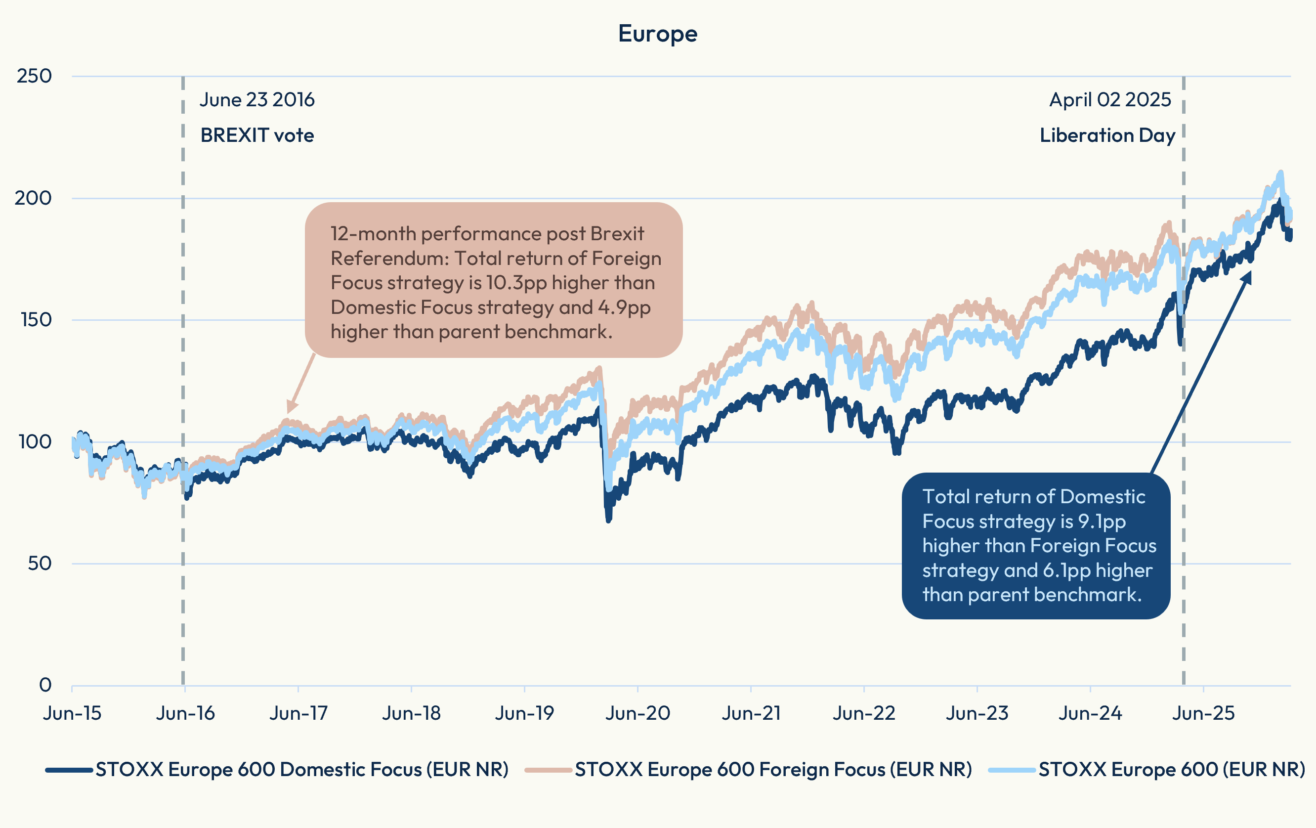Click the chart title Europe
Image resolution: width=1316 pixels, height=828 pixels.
point(657,34)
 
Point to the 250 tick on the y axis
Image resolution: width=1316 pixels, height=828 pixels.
point(34,76)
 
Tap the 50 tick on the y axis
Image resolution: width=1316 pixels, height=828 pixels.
point(40,564)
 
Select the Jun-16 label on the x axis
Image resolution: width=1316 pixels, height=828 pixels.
point(185,713)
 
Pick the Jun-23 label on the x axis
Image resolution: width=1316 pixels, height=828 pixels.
point(976,713)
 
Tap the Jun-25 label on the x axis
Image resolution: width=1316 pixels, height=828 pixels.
point(1203,713)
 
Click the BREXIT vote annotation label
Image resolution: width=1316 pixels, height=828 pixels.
point(257,135)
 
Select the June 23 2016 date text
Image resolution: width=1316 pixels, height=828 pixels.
point(257,100)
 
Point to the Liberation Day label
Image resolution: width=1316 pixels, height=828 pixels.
point(1107,135)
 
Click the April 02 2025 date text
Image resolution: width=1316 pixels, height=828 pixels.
point(1110,100)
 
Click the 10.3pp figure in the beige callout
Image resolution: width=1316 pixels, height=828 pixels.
point(516,283)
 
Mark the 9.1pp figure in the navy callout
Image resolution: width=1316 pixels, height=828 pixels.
point(1101,522)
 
